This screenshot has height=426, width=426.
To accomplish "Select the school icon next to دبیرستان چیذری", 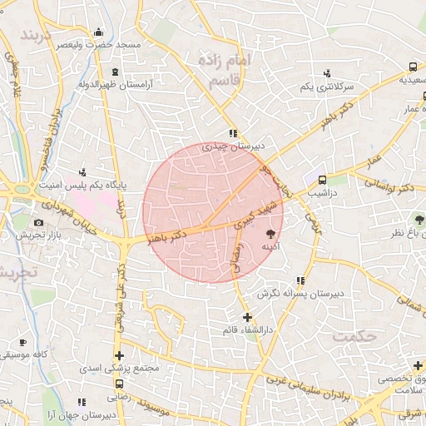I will (x=234, y=132).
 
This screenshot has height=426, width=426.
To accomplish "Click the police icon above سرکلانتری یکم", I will (x=328, y=72).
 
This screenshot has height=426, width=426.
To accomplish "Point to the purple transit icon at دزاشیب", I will (x=321, y=179).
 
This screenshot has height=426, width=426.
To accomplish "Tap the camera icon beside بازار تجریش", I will (x=38, y=223).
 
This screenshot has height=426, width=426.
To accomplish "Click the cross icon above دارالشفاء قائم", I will (x=247, y=317).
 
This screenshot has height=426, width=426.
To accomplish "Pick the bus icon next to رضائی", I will (x=120, y=384).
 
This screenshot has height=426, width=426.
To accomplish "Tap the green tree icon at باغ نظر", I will (x=419, y=219).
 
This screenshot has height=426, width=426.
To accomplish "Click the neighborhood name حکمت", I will (x=354, y=335).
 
